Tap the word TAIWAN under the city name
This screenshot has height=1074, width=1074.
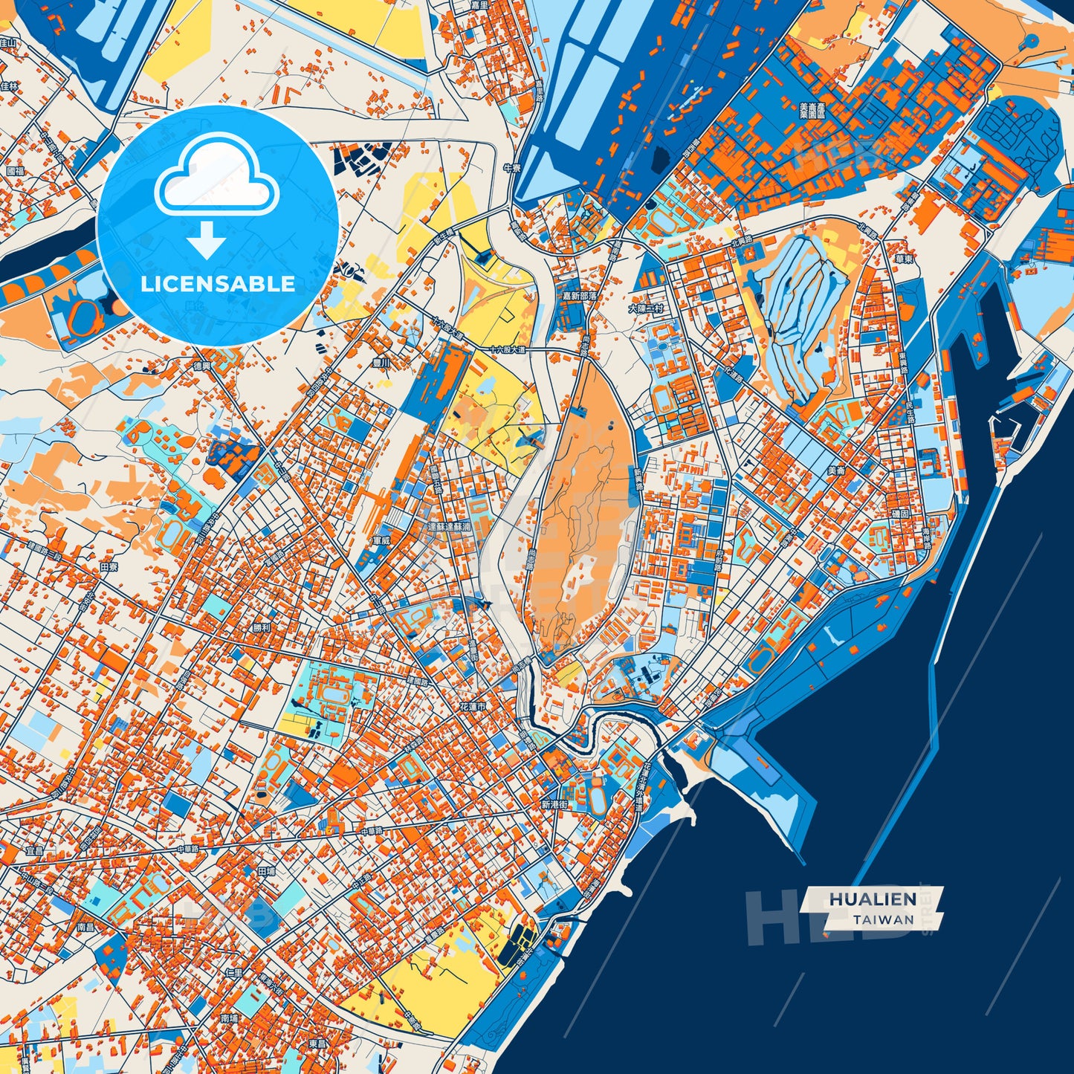[x=884, y=919]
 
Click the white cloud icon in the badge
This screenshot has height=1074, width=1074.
[x=216, y=176]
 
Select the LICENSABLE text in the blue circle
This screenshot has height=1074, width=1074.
[x=218, y=284]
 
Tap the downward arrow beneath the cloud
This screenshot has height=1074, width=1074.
[x=207, y=239]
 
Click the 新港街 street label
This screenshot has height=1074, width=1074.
[x=554, y=805]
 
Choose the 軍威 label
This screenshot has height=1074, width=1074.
[x=381, y=540]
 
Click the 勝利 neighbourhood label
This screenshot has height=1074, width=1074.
[x=262, y=627]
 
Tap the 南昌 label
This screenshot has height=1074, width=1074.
[x=86, y=928]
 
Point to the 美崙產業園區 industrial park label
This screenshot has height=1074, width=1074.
[x=812, y=111]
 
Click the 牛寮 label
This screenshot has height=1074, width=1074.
[x=511, y=168]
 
